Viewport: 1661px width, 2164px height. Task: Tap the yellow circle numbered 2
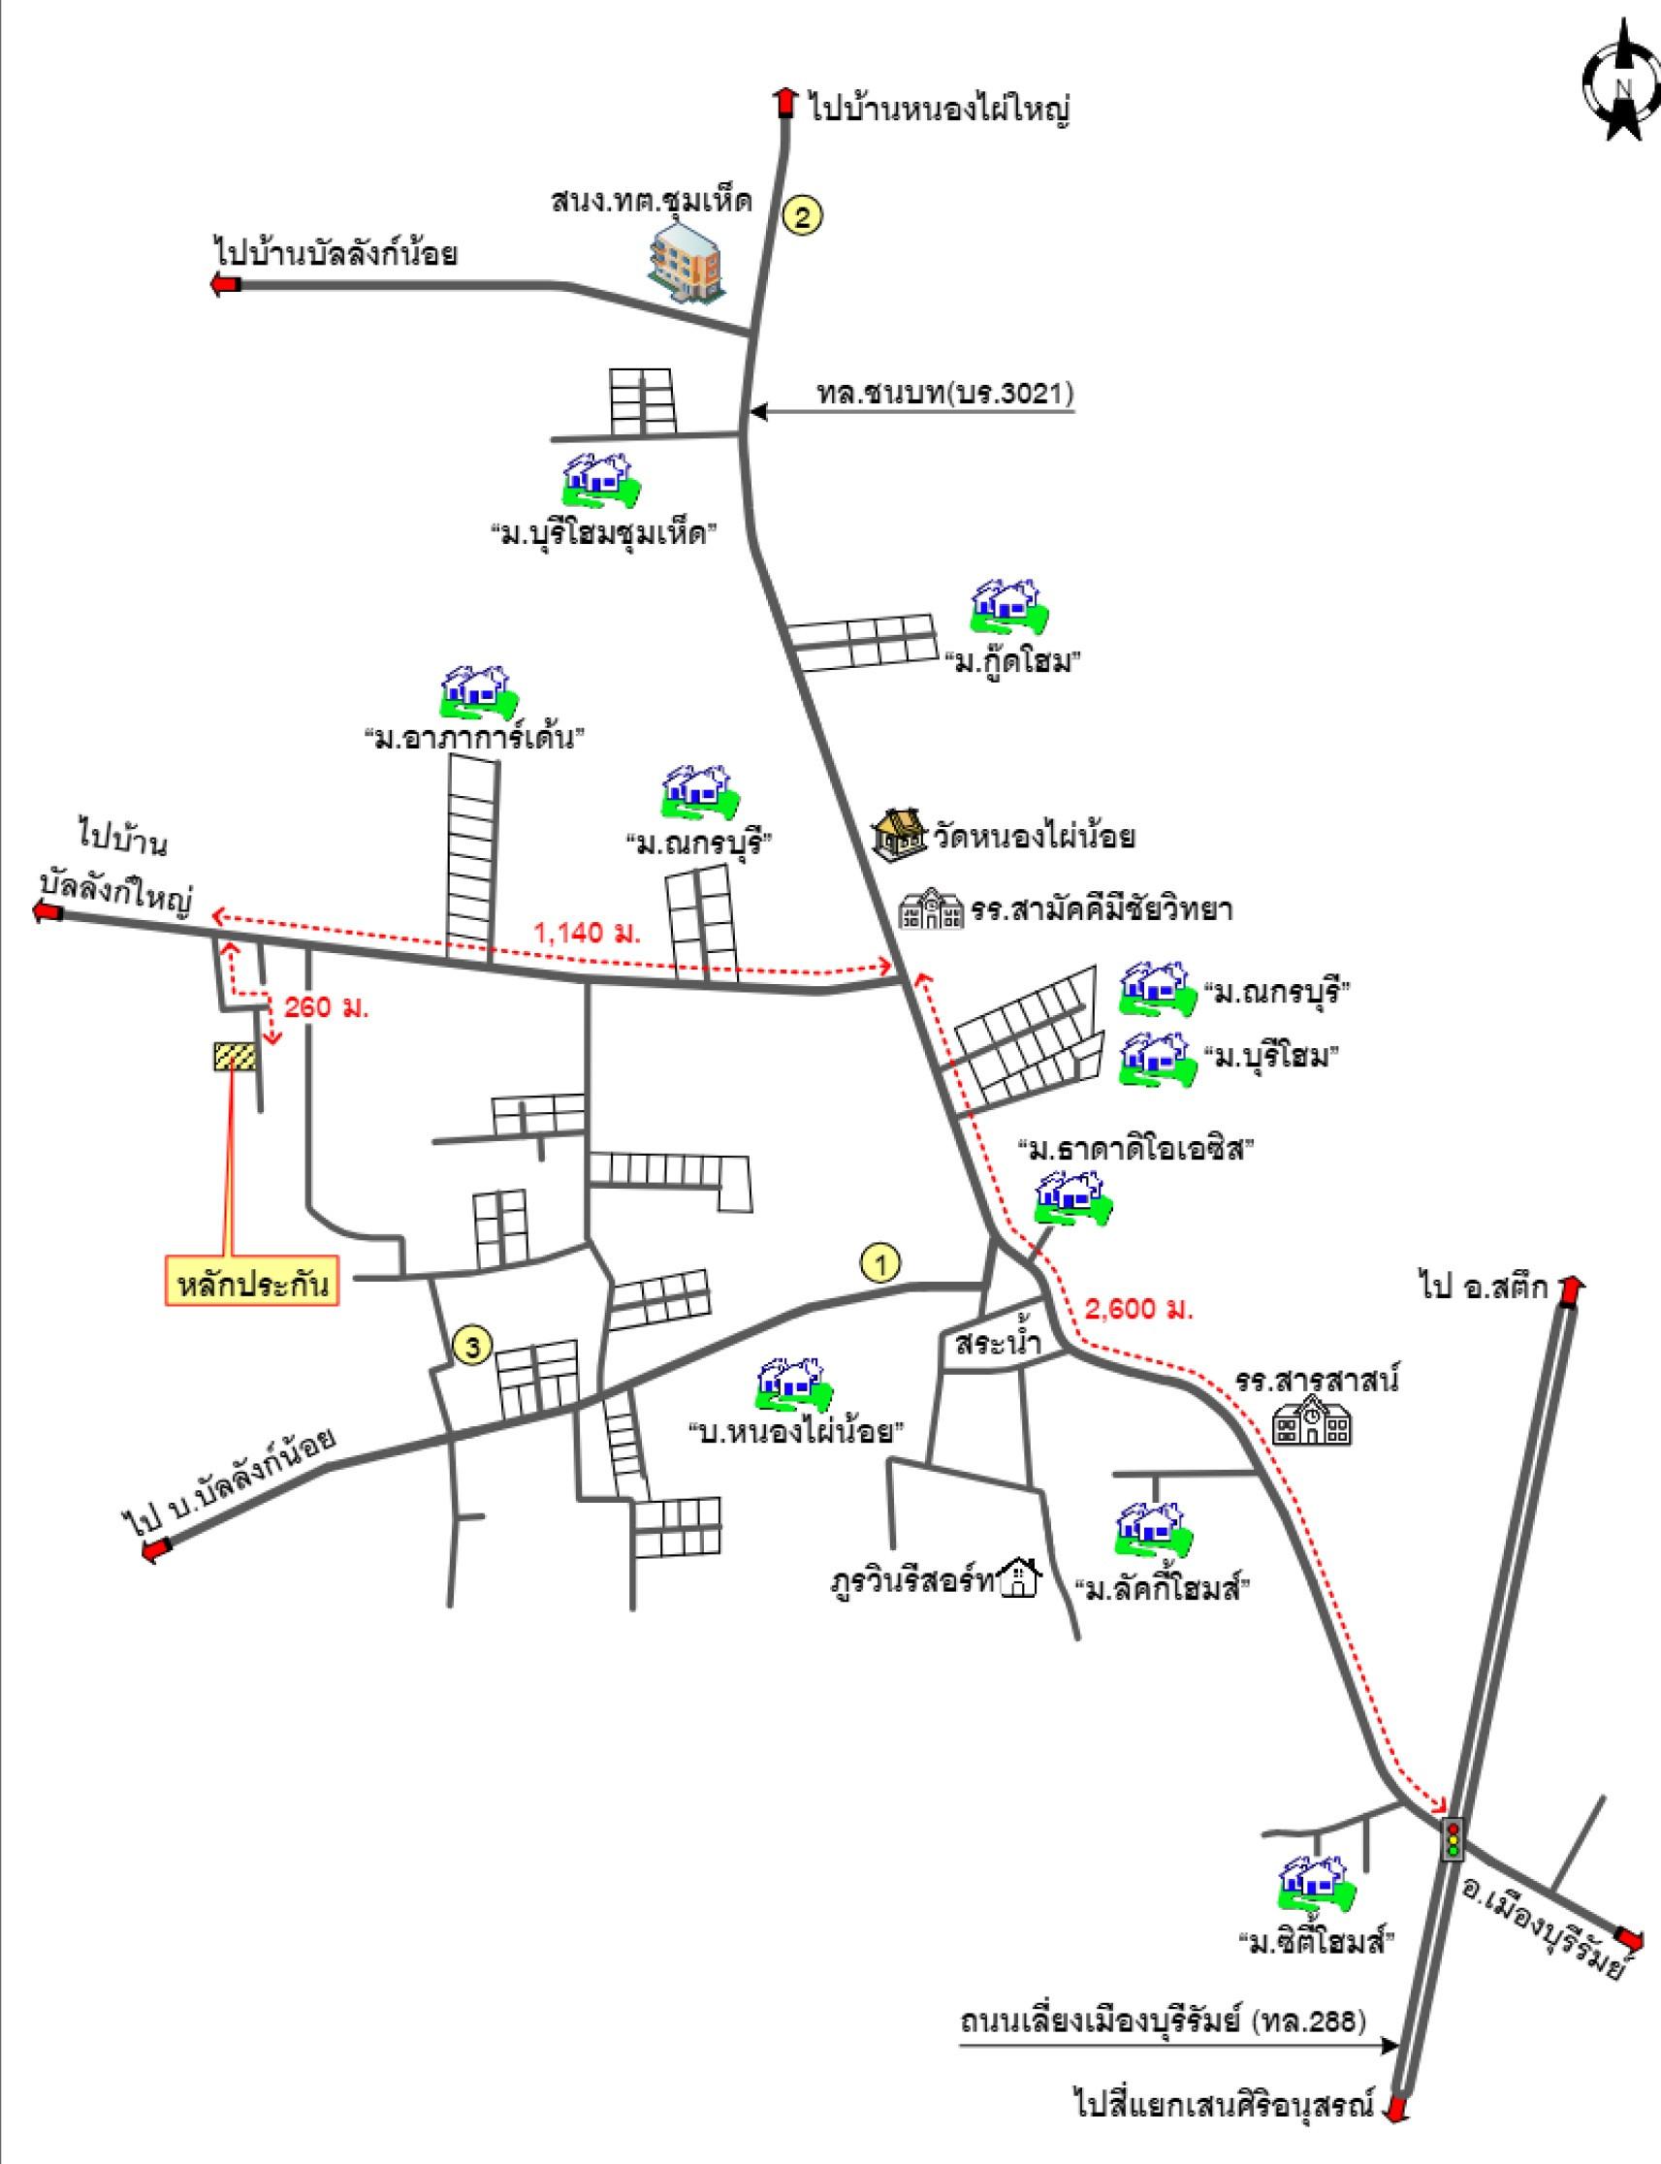coord(802,215)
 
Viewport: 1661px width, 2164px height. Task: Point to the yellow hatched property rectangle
coord(236,1056)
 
